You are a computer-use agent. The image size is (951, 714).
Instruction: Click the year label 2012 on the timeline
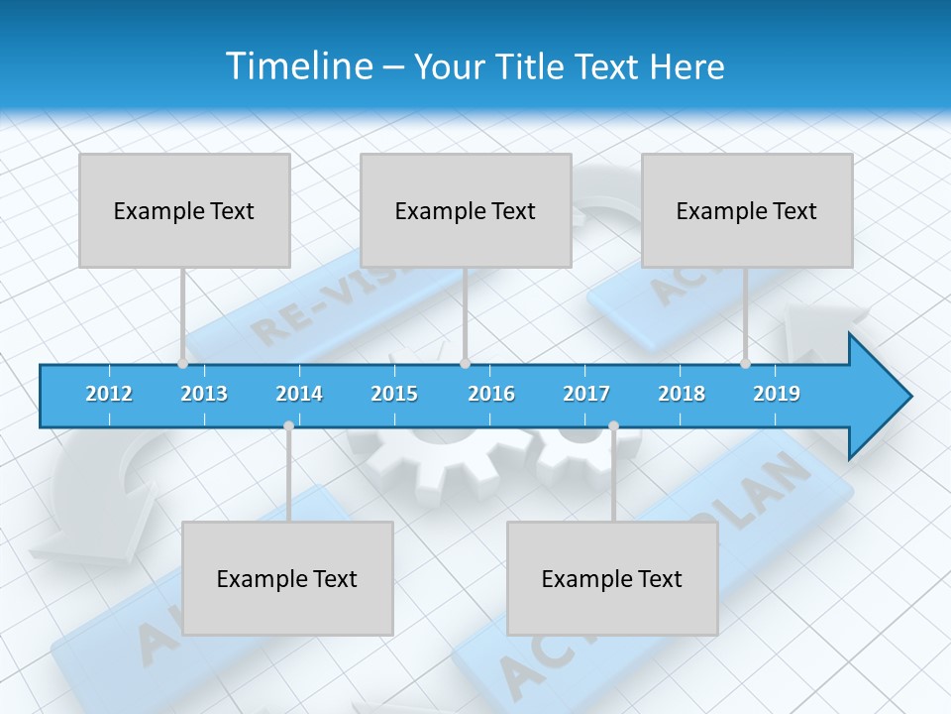click(109, 394)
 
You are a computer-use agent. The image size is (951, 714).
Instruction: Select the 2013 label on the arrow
click(204, 394)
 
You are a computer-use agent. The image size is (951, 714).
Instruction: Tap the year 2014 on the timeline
click(299, 394)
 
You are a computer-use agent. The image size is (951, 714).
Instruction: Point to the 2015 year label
click(394, 394)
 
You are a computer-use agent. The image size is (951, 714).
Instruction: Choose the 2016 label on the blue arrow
click(491, 394)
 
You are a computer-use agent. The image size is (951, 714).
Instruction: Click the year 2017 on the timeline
click(586, 394)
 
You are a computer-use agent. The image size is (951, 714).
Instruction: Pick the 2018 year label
click(682, 394)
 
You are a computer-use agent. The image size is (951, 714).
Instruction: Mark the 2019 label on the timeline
click(777, 394)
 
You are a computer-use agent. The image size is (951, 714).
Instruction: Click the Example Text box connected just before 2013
click(184, 210)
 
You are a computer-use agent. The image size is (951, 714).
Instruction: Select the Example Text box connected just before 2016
click(466, 210)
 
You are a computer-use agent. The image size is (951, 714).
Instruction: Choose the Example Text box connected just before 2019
click(747, 210)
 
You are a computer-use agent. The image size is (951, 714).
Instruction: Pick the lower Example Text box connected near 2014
click(287, 578)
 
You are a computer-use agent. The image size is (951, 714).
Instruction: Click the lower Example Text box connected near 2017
click(612, 578)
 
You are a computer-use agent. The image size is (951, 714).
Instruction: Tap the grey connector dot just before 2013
click(182, 364)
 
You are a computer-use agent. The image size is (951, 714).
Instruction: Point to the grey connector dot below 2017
click(613, 426)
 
